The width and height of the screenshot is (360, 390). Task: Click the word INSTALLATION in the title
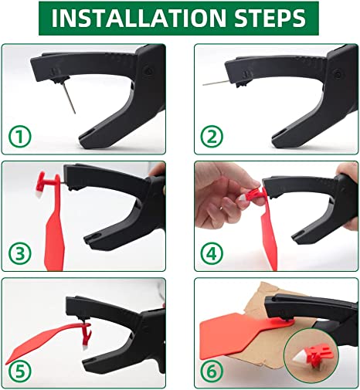click(138, 18)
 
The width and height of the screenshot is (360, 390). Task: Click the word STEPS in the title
click(270, 18)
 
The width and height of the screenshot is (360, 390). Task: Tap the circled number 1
click(20, 137)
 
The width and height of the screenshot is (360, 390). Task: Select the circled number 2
click(212, 137)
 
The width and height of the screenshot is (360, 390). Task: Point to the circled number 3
click(20, 253)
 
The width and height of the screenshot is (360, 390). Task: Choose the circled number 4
click(212, 253)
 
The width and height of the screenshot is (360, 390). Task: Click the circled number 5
click(20, 371)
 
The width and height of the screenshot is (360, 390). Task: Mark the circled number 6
click(212, 371)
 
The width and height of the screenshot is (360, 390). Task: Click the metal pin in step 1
click(70, 98)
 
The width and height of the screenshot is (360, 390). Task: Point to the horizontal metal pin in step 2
click(216, 83)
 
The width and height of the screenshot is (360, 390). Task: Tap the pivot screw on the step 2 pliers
click(337, 73)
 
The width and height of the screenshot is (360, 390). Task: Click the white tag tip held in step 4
click(243, 198)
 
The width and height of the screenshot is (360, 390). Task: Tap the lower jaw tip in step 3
click(87, 239)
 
